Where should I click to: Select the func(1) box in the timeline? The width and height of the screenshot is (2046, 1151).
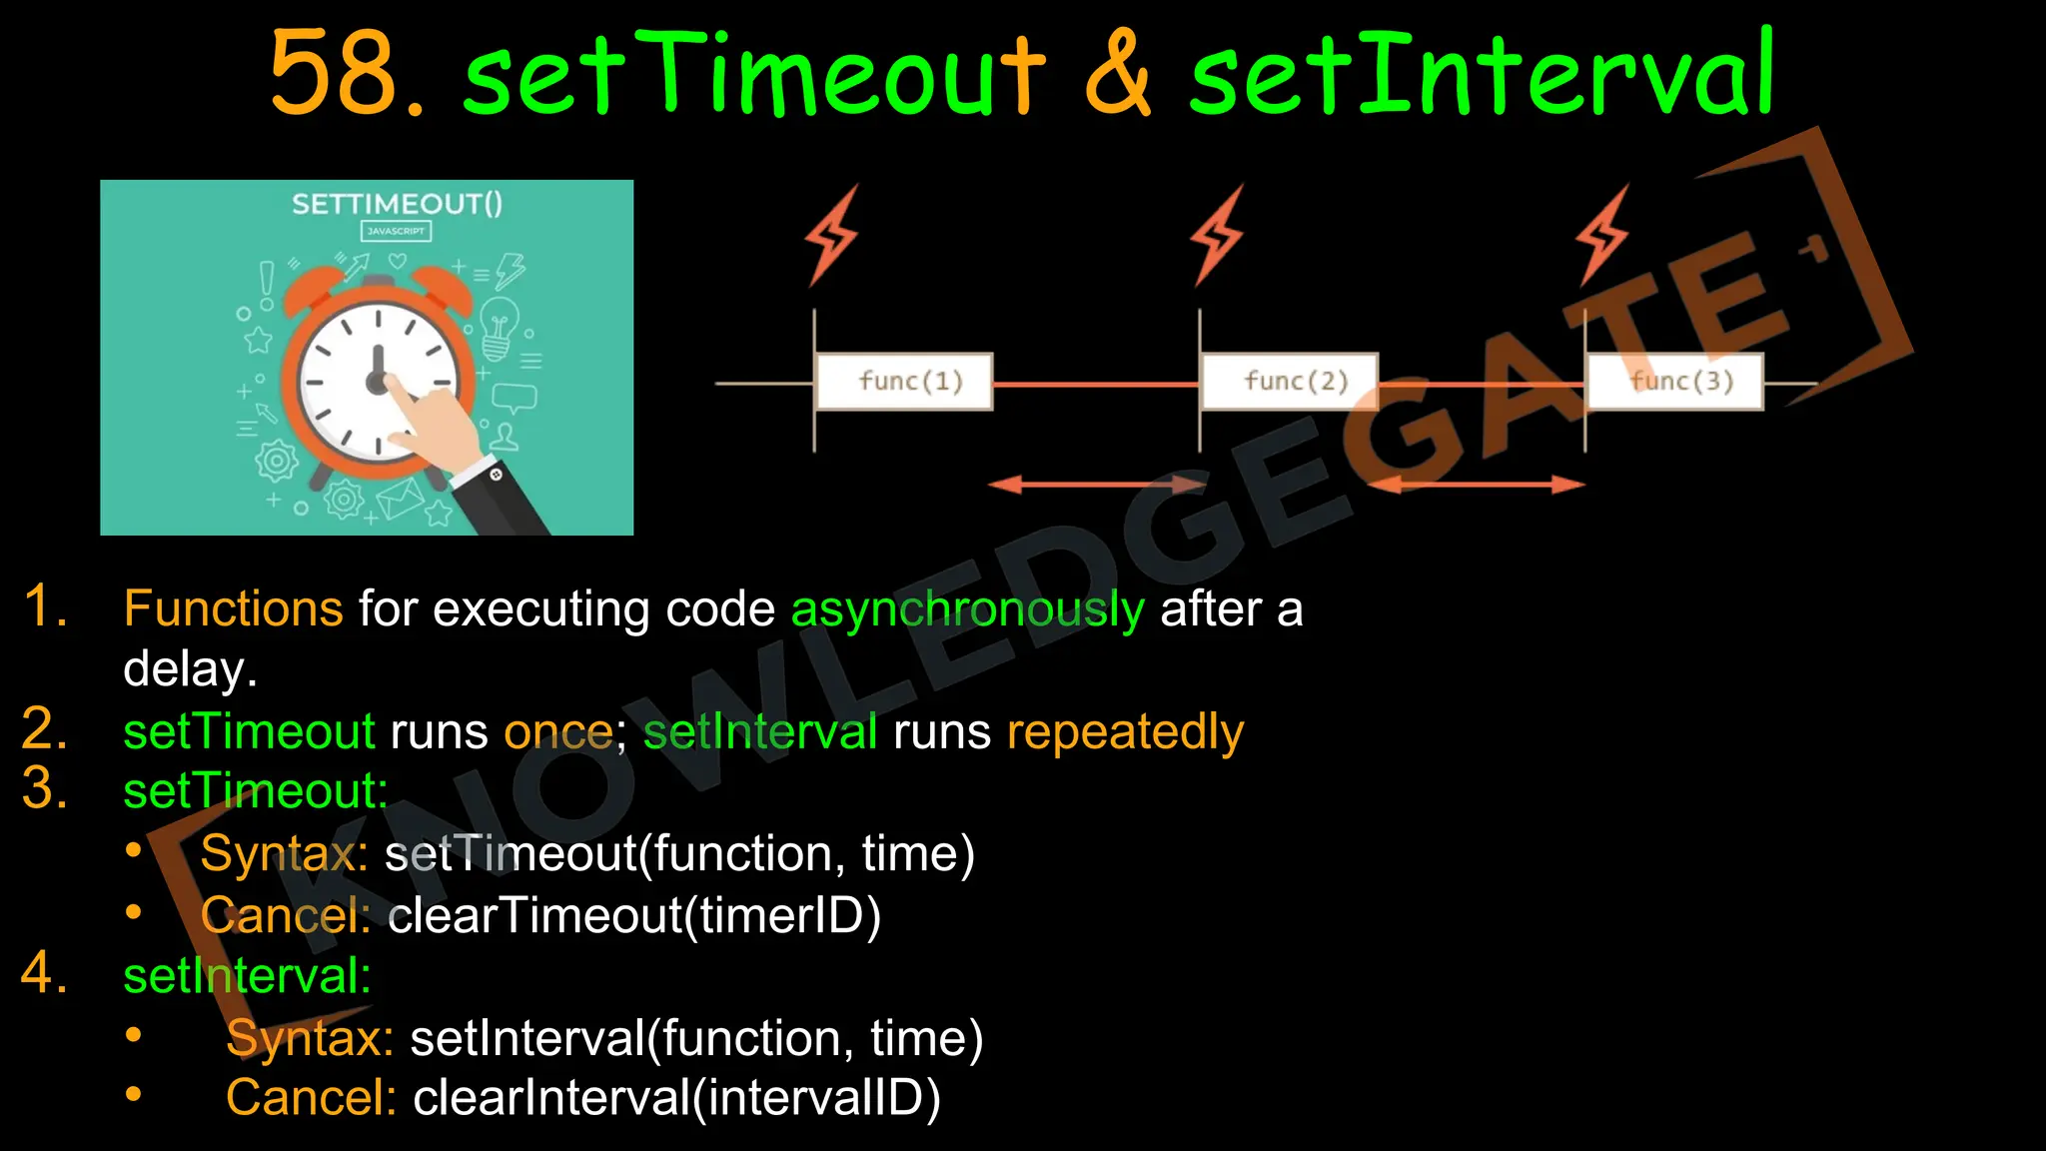905,382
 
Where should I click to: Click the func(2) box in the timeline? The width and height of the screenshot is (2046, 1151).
1290,382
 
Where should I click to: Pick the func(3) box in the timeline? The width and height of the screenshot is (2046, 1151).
1675,382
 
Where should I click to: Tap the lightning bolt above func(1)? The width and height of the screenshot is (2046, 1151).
831,236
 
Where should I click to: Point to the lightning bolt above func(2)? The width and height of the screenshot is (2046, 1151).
1216,236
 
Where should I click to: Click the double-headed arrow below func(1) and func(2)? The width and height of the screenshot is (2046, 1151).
1097,486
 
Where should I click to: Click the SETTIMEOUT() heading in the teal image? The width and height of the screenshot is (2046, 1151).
397,205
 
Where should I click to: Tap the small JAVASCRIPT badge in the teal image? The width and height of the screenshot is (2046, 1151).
396,231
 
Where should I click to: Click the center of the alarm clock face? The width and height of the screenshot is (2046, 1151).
378,381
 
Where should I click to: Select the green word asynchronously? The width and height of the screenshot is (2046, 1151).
967,609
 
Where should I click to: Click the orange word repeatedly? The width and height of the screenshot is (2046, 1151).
1125,732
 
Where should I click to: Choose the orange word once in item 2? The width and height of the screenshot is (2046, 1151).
557,732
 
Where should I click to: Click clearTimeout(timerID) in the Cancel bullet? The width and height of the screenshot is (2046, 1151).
634,916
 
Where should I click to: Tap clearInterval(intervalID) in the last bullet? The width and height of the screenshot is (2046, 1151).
676,1098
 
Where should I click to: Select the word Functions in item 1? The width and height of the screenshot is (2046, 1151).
233,609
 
